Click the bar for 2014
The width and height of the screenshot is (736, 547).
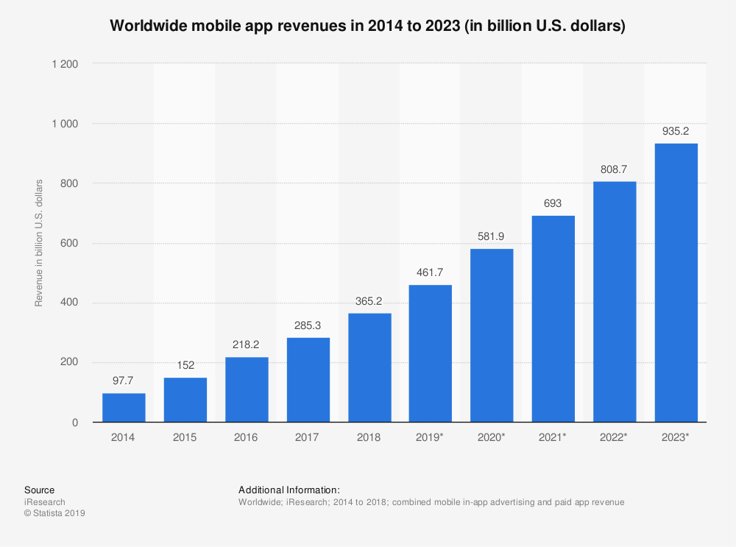tap(124, 407)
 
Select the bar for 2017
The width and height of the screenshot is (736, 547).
tap(308, 380)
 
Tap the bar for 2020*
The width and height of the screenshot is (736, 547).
tap(492, 335)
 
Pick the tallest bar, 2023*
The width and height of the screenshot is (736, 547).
tap(676, 283)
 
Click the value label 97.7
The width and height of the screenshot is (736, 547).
tap(124, 382)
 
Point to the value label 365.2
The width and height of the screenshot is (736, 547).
tap(369, 302)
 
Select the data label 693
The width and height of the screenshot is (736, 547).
tap(553, 204)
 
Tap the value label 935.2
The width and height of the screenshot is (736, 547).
tap(676, 132)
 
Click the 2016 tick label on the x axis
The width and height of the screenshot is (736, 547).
tap(247, 437)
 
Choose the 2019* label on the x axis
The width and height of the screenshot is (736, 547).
tap(431, 437)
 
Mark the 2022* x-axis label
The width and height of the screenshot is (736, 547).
tap(615, 437)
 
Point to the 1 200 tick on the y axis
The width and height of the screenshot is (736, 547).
tap(65, 64)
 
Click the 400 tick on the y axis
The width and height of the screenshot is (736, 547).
tap(71, 303)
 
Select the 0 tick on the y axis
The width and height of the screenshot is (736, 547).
tap(76, 423)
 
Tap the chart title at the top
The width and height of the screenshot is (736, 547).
tap(367, 27)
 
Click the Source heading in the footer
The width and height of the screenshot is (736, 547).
tap(39, 490)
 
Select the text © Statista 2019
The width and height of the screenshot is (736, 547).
tap(54, 514)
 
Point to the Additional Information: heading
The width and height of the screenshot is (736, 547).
tap(289, 490)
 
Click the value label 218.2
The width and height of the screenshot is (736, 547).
tap(247, 345)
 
